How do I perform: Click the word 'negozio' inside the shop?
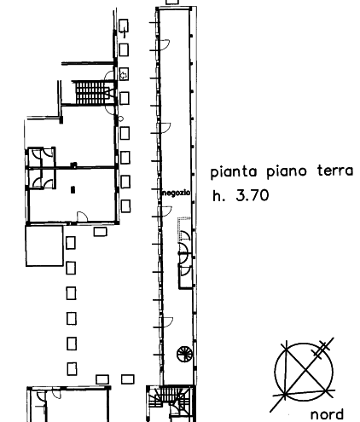coord(176,193)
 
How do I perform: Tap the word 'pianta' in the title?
coord(234,172)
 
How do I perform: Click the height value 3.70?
coord(253,195)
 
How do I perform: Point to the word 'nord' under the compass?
coord(327,414)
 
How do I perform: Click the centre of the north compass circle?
coord(304,372)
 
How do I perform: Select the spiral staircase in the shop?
coord(184,354)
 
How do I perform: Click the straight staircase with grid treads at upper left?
coord(93,93)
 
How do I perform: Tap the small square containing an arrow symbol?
coord(124,74)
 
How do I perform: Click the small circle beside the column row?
coord(121,119)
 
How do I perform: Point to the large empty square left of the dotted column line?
coord(44,246)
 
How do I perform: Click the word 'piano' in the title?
coord(287,172)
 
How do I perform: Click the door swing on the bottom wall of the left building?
coord(83,217)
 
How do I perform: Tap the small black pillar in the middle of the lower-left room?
coord(73,189)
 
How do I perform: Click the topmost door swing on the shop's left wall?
coord(165,45)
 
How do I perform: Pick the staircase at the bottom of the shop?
coord(171,403)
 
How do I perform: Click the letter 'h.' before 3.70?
coord(218,195)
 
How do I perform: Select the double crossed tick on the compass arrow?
coord(322,350)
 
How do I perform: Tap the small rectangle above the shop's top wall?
coord(172,2)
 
